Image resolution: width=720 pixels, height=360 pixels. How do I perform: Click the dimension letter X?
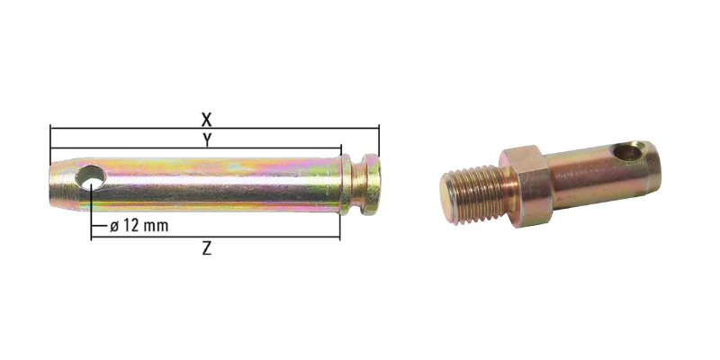(x=207, y=120)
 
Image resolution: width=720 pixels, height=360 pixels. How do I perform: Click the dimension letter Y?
(x=207, y=140)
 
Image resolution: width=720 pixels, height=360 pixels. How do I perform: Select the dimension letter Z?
(x=207, y=248)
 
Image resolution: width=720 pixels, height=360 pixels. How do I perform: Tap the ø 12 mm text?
(x=139, y=226)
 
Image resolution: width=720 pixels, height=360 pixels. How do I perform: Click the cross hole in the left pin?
(x=90, y=177)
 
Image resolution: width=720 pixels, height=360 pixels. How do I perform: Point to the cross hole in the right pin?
(x=629, y=151)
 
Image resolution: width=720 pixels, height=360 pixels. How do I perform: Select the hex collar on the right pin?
(x=526, y=185)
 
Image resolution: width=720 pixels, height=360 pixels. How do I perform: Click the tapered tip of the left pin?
(x=63, y=184)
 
